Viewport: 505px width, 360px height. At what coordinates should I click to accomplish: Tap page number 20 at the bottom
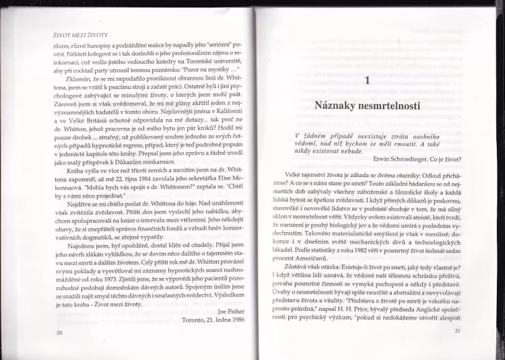click(60, 332)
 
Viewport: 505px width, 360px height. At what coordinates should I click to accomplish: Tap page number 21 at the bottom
click(458, 330)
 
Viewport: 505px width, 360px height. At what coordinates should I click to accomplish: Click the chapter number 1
click(367, 81)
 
